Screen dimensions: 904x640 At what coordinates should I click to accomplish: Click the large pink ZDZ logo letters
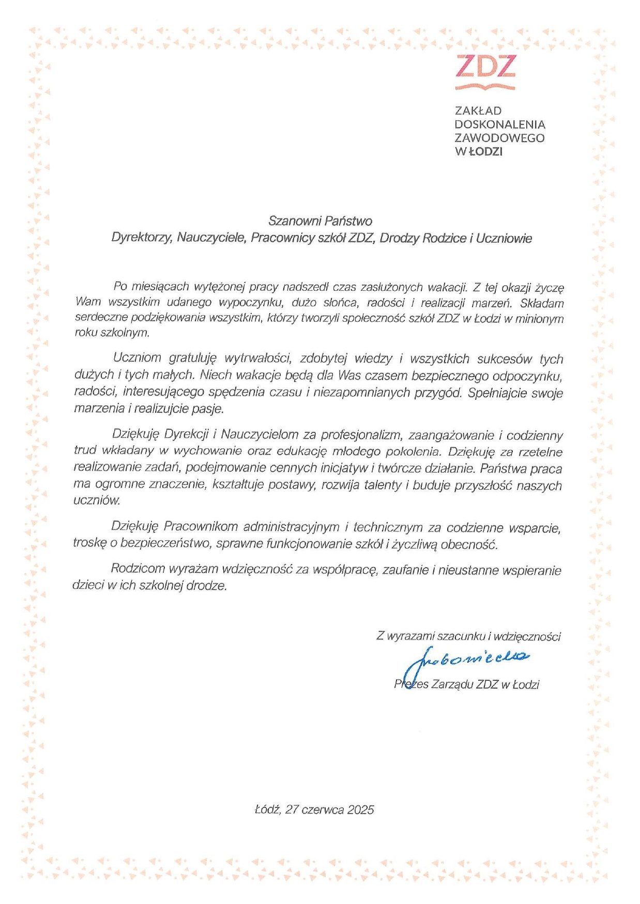485,66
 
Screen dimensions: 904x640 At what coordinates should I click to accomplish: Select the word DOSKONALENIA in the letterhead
499,124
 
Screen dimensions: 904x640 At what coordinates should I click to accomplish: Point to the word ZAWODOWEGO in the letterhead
499,138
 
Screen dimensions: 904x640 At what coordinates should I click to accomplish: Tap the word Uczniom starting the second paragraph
137,358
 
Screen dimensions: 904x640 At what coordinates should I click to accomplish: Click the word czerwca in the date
323,809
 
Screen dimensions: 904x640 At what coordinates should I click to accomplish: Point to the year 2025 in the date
360,809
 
